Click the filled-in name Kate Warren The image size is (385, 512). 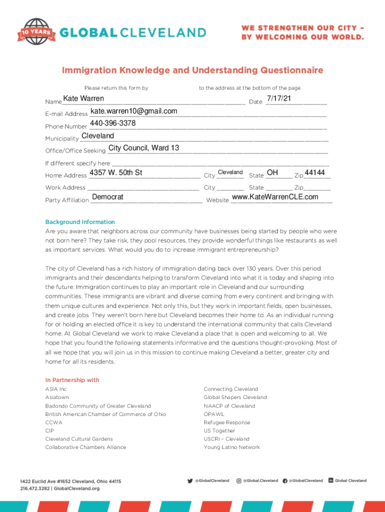83,98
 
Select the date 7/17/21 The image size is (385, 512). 278,98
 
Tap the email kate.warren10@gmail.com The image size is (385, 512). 133,111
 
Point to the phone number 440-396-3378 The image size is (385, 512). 112,123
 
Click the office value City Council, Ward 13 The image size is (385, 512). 143,147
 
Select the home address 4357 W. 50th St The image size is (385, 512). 115,173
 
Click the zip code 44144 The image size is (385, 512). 314,172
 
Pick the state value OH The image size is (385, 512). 272,172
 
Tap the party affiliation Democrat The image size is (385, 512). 107,197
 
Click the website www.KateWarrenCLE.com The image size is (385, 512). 275,197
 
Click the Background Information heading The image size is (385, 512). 80,222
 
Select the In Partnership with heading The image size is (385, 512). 72,380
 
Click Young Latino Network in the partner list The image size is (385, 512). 231,447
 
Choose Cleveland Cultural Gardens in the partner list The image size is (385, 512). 79,439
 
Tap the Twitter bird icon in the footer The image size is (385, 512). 190,480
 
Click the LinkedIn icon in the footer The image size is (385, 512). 331,480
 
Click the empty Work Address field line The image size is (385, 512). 143,188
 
